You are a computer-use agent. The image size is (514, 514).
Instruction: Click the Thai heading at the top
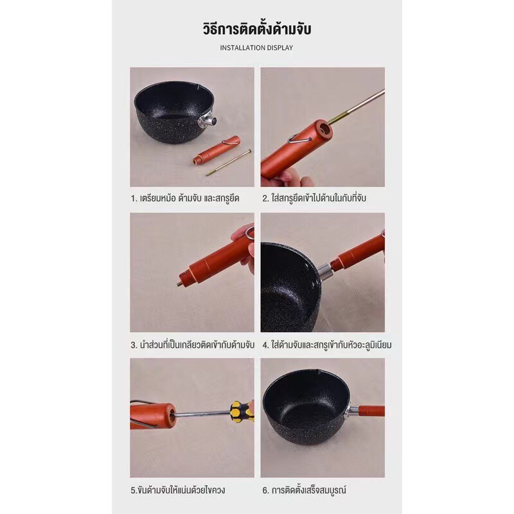point(256,28)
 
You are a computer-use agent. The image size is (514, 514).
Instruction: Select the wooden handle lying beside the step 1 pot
point(217,150)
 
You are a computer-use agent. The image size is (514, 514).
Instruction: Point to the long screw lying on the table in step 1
point(229,163)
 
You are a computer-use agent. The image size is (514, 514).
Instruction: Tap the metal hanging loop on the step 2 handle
point(299,139)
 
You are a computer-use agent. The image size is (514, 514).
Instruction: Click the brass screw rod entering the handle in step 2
point(357,106)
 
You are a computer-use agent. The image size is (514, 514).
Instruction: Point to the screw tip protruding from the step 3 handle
point(181,283)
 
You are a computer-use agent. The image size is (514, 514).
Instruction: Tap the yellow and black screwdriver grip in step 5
point(242,411)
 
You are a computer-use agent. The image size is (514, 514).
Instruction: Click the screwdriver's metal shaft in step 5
point(202,413)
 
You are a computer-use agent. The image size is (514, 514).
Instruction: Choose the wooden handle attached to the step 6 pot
point(371,411)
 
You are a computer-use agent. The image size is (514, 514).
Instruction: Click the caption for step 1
point(185,199)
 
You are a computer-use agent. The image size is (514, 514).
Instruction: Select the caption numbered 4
point(327,345)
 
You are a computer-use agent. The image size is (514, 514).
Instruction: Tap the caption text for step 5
point(178,490)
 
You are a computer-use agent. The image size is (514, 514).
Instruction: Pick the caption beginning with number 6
point(304,490)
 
